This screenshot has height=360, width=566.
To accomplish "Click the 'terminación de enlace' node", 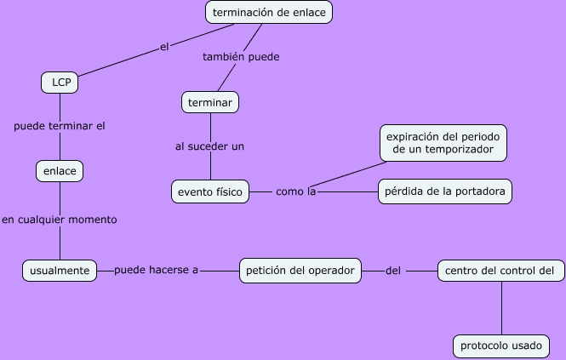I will click(269, 12).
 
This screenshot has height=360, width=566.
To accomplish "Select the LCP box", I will click(60, 83).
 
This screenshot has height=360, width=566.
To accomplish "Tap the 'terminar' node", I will click(210, 102).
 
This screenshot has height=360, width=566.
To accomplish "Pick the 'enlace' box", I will click(60, 171).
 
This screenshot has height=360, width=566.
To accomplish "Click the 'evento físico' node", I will click(210, 192).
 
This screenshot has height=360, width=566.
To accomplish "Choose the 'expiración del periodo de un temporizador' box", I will click(445, 143).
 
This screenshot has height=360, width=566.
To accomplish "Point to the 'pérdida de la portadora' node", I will click(445, 192).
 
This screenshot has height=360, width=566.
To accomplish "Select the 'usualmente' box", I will click(59, 271).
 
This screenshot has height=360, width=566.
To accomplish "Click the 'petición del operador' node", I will click(300, 271).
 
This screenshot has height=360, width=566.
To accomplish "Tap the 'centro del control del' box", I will click(500, 271).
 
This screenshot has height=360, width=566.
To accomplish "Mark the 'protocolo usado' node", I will click(500, 346).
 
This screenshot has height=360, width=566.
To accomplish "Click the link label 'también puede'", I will click(241, 57).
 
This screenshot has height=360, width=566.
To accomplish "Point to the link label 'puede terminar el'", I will click(60, 126).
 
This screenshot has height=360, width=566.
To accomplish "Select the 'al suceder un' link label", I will click(210, 146).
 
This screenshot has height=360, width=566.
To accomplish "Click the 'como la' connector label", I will click(296, 192).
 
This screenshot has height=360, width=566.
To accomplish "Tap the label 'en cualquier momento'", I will click(60, 220).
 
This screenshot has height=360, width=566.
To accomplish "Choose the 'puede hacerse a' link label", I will click(156, 271).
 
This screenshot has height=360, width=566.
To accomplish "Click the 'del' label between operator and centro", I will click(393, 271).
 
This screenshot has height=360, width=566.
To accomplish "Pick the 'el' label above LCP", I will click(165, 47).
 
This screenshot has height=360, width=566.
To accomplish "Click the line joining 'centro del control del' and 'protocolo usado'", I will click(500, 308).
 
